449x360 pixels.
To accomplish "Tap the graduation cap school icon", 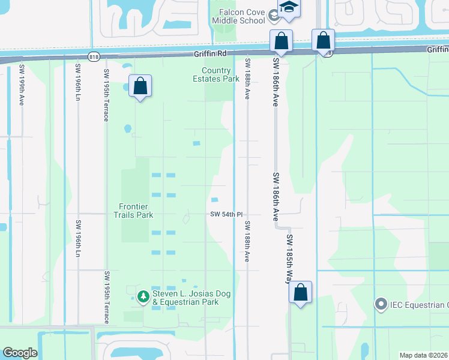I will (289, 8).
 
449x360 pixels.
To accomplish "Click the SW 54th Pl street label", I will (226, 214).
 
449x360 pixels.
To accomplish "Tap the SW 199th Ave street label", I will (21, 85).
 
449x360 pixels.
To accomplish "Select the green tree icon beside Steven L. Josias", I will (143, 296).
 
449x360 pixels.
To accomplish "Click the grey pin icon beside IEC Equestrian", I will (380, 305).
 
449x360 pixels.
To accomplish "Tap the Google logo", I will (20, 353).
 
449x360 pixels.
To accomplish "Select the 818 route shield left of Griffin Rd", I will (93, 56).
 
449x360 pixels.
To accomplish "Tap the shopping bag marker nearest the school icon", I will (281, 41).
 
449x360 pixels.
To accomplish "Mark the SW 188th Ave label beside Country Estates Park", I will (247, 79).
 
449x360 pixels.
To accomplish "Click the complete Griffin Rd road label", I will (210, 54).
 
